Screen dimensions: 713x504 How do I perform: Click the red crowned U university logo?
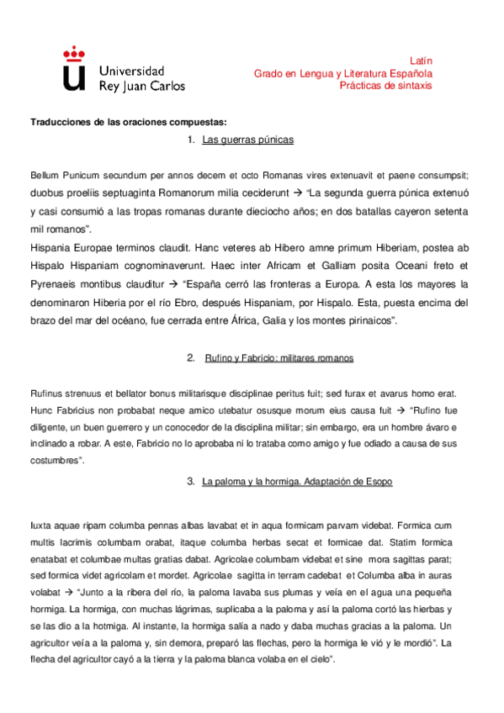(74, 68)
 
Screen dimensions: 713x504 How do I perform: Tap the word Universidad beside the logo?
(131, 71)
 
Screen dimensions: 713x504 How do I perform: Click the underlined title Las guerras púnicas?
(247, 140)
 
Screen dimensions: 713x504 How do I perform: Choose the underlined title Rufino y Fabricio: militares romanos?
(279, 358)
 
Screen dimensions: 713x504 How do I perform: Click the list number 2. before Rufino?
(190, 358)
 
